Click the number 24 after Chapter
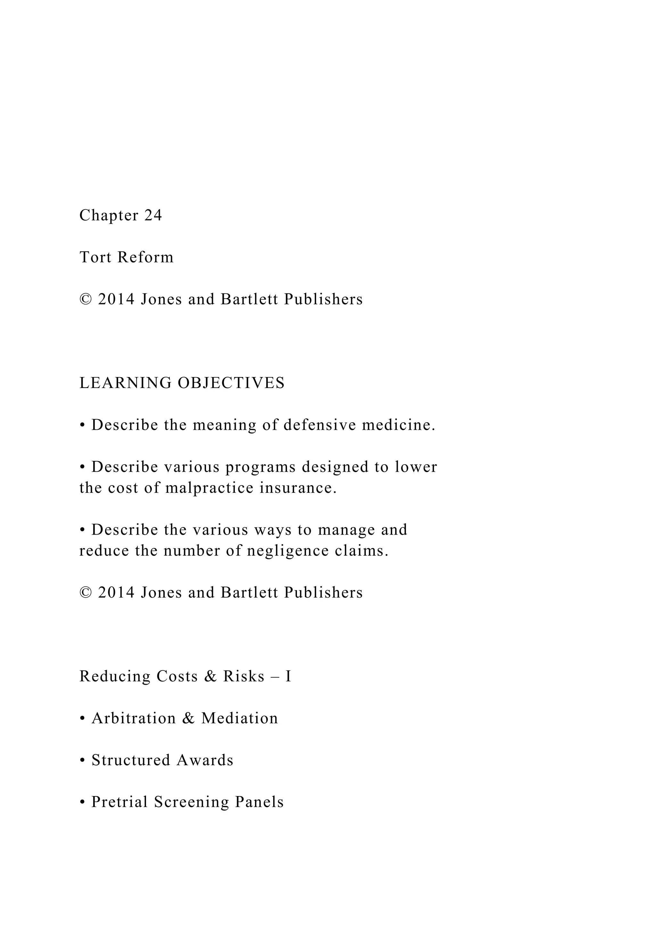[153, 215]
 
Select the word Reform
[145, 257]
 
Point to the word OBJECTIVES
[232, 383]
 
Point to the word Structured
[131, 761]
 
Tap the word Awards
[205, 761]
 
